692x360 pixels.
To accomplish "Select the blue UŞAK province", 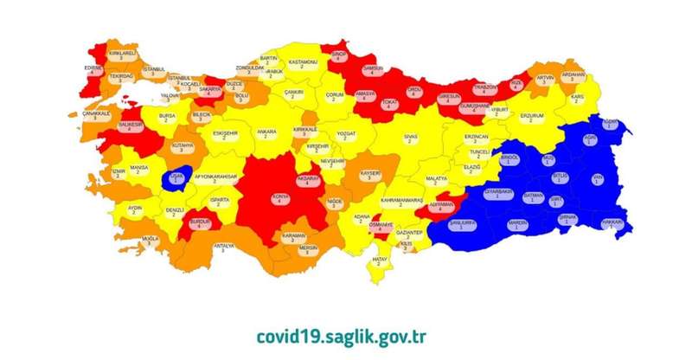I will point(177,178).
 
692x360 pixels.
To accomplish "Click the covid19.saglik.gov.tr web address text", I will point(342,335).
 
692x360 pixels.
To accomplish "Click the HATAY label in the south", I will point(379,259).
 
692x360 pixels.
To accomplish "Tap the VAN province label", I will point(596,180).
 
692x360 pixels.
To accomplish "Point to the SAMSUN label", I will point(375,71).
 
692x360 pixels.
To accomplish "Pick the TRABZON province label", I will point(484,89).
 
